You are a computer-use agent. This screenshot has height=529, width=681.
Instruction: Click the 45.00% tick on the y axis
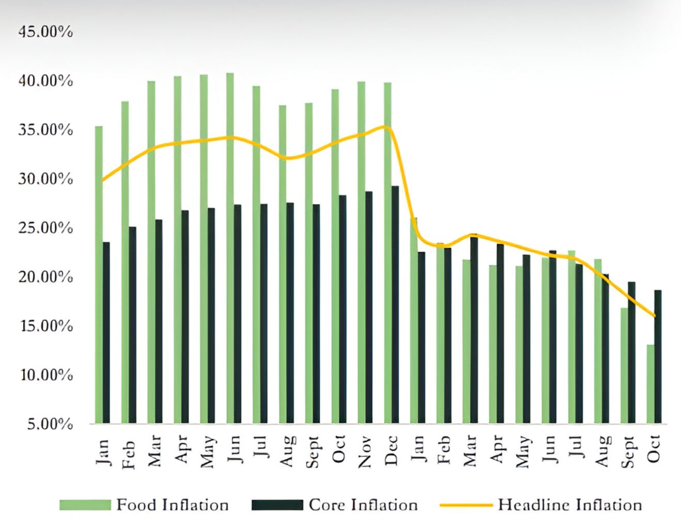coord(45,32)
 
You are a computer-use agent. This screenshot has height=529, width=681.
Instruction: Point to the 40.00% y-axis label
coord(45,81)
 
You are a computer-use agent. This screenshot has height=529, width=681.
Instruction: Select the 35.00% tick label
coord(45,130)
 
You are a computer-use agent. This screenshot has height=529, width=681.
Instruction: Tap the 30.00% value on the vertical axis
coord(45,179)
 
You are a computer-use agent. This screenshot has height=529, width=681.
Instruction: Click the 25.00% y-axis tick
coord(45,228)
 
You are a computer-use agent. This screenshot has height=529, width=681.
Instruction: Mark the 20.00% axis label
coord(45,277)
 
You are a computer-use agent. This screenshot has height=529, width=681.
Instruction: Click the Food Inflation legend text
coord(172,505)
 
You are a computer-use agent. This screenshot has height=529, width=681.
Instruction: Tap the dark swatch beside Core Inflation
coord(277,505)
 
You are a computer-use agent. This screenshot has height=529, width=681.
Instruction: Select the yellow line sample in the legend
coord(466,505)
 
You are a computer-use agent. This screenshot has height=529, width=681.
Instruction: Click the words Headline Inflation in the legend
coord(569,505)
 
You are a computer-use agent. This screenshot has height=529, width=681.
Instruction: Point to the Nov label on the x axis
coord(365,451)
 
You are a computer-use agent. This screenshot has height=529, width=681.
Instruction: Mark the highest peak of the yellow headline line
coord(385,126)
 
